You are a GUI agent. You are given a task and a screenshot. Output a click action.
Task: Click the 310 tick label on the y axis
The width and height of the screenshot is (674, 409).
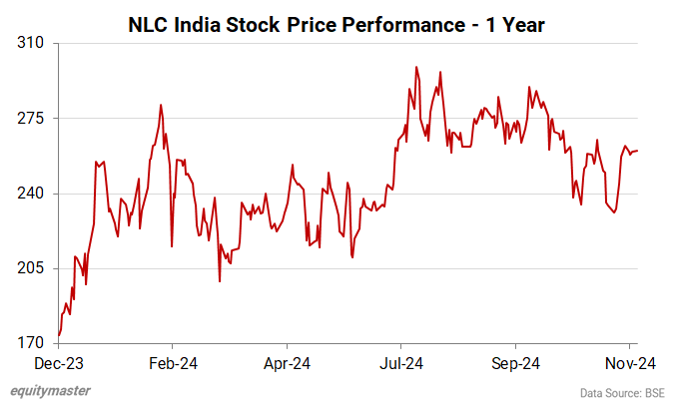31,44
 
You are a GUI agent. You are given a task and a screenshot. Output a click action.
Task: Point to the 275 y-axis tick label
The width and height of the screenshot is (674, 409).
31,119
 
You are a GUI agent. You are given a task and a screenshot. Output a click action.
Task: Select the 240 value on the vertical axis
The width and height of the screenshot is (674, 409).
31,194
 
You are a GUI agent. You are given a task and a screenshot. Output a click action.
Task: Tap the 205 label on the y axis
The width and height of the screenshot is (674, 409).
31,268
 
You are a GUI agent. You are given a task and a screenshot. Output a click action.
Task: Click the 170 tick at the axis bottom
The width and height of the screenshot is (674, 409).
31,343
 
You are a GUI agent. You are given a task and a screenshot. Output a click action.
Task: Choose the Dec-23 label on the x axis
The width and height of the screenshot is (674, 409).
58,364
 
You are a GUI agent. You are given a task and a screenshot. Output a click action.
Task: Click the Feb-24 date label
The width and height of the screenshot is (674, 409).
174,364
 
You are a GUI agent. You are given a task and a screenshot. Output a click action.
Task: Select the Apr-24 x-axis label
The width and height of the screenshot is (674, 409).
289,364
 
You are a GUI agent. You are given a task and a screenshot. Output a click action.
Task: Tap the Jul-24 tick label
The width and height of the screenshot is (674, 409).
403,364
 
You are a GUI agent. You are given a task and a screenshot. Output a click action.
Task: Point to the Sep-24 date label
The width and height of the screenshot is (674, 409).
517,364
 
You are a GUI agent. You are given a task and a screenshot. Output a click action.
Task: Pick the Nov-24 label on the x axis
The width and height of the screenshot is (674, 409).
631,364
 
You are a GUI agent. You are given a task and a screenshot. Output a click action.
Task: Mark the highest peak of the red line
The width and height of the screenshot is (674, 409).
415,67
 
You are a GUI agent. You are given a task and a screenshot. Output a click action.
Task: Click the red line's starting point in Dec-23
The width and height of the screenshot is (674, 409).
59,335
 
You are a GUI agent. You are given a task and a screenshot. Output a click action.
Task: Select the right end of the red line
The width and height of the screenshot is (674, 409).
639,151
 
